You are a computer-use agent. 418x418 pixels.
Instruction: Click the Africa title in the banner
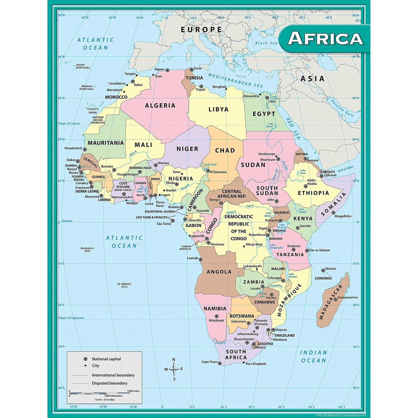click(325, 38)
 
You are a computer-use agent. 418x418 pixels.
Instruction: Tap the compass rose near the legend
click(174, 369)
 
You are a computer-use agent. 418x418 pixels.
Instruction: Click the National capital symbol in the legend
click(86, 359)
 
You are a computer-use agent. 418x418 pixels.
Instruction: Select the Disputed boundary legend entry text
click(110, 383)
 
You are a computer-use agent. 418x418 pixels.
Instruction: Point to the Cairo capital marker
click(267, 98)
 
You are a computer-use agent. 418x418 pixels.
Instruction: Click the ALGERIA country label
click(160, 106)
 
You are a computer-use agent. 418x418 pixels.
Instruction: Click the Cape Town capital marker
click(220, 363)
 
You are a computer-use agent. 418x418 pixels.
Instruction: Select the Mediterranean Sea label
click(235, 80)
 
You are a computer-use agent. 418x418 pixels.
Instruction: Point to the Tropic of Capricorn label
click(71, 318)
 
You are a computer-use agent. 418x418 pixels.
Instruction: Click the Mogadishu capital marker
click(333, 213)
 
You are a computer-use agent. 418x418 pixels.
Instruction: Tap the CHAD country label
click(225, 150)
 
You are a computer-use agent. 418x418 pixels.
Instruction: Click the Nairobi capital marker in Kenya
click(298, 228)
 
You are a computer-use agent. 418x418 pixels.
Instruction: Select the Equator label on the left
click(67, 221)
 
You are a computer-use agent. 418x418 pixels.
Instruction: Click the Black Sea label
click(266, 43)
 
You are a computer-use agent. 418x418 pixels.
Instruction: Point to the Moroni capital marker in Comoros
click(323, 270)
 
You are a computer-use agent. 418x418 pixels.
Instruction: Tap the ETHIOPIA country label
click(313, 193)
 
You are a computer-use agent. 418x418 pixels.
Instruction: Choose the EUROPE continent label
click(201, 30)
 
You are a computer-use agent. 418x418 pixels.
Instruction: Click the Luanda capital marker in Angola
click(201, 259)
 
